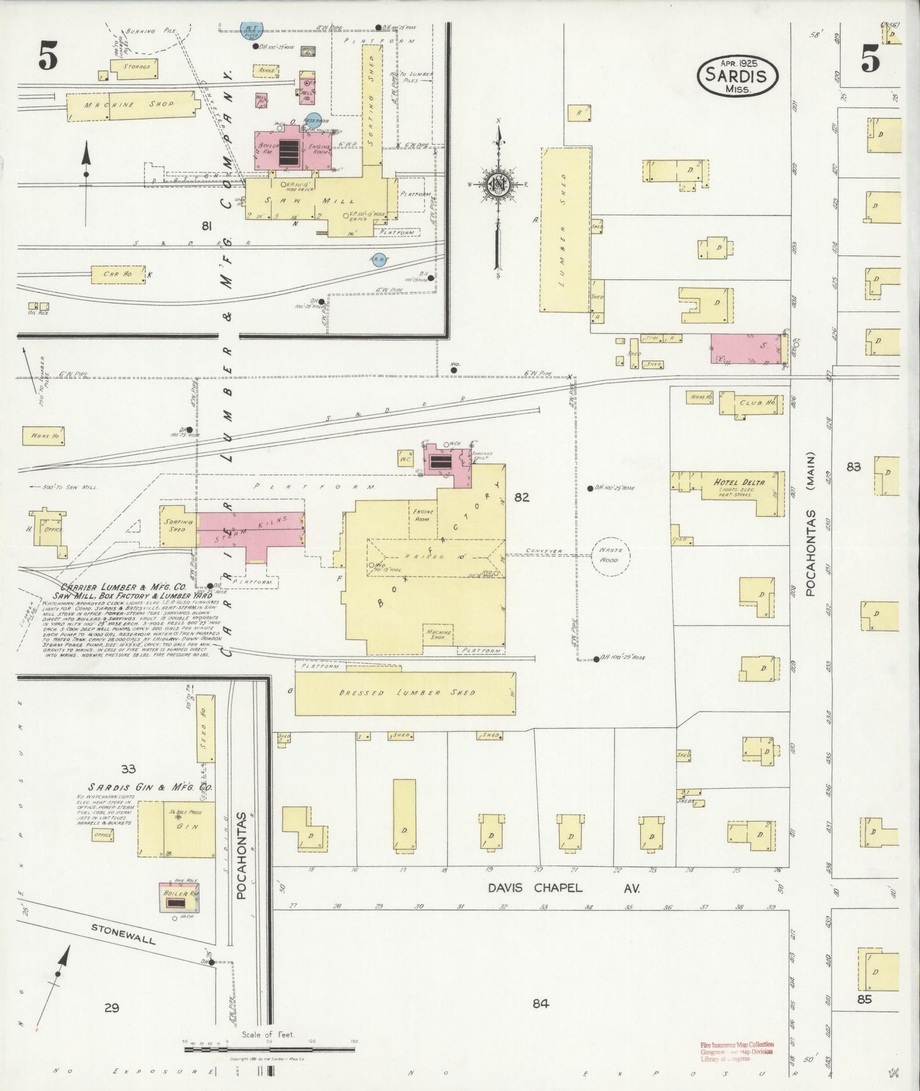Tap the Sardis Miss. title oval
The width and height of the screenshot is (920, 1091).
[x=738, y=76]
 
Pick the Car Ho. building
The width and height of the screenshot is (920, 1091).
[x=113, y=274]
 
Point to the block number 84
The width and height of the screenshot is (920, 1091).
[x=541, y=1003]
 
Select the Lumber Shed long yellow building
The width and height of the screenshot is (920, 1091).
[x=564, y=229]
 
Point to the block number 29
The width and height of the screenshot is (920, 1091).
[x=112, y=1007]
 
